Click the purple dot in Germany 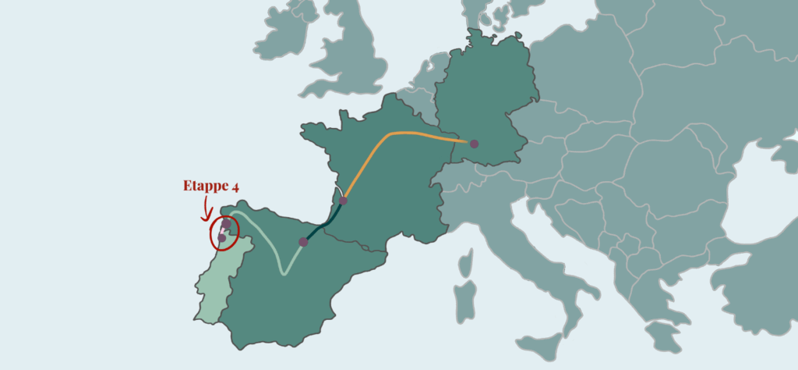point(474,144)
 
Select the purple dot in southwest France point(343,201)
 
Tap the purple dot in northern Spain point(303,242)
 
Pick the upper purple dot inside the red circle point(226,223)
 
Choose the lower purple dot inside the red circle point(221,238)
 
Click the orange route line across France point(390,136)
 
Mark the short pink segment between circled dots point(224,231)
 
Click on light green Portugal point(209,289)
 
